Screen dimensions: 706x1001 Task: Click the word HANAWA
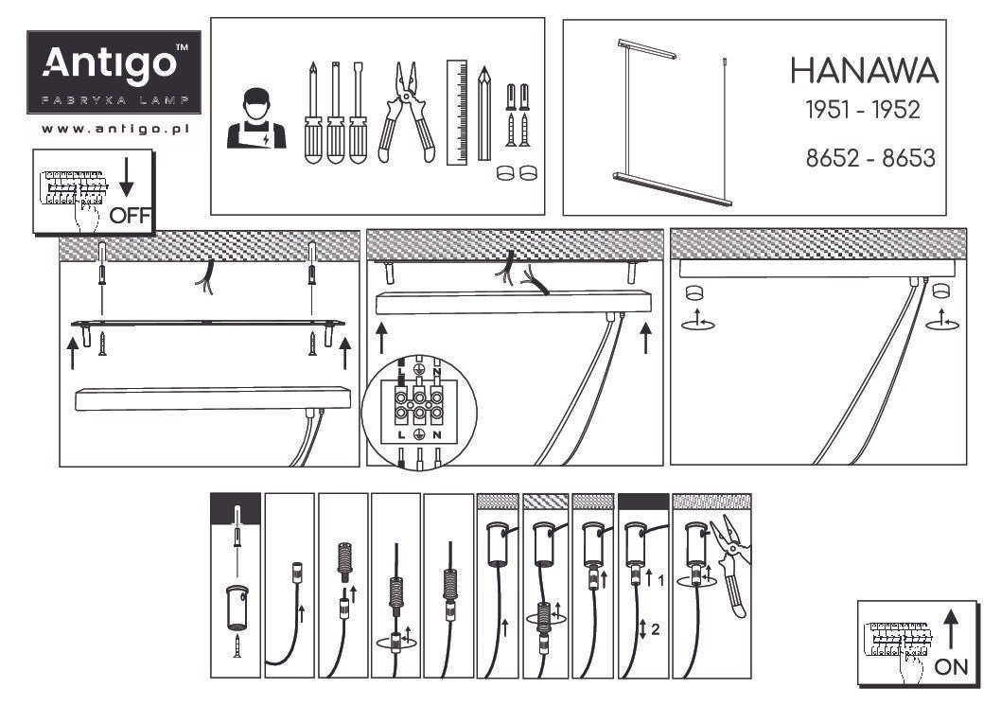tap(864, 70)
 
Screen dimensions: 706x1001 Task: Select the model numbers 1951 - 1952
tap(862, 110)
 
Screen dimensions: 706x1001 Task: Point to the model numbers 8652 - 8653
tap(869, 158)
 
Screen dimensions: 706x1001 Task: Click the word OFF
tap(130, 215)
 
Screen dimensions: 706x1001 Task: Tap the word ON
tap(951, 665)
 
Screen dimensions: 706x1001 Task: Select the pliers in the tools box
tap(407, 112)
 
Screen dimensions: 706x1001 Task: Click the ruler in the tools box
tap(458, 112)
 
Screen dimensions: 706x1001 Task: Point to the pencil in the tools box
tap(485, 112)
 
